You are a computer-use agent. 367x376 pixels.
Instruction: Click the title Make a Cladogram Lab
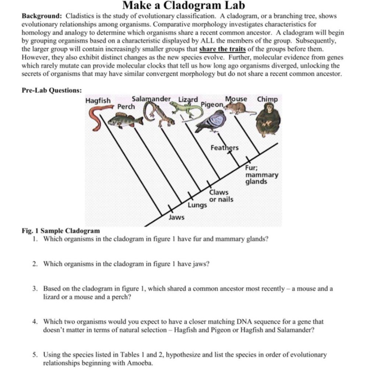coord(183,6)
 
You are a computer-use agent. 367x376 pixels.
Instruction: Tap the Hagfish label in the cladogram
coord(98,101)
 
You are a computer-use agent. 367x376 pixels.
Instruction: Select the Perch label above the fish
coord(126,107)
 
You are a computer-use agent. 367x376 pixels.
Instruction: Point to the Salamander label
coord(151,99)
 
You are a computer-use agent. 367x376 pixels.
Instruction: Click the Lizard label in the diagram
coord(188,100)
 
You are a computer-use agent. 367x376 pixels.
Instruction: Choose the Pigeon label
coord(212,105)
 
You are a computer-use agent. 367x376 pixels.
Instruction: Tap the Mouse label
coord(236,99)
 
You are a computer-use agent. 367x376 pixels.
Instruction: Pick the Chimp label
coord(267,100)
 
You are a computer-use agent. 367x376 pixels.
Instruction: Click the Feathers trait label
coord(225,148)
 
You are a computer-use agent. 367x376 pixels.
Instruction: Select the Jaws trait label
coord(176,217)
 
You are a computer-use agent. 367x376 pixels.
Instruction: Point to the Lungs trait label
coord(197,205)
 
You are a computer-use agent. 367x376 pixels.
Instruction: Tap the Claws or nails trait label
coord(221,196)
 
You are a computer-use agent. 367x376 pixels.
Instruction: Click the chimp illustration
coord(268,119)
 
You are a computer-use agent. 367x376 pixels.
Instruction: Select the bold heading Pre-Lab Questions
coord(52,90)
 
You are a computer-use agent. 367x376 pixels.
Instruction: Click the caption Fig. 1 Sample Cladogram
coord(61,231)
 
